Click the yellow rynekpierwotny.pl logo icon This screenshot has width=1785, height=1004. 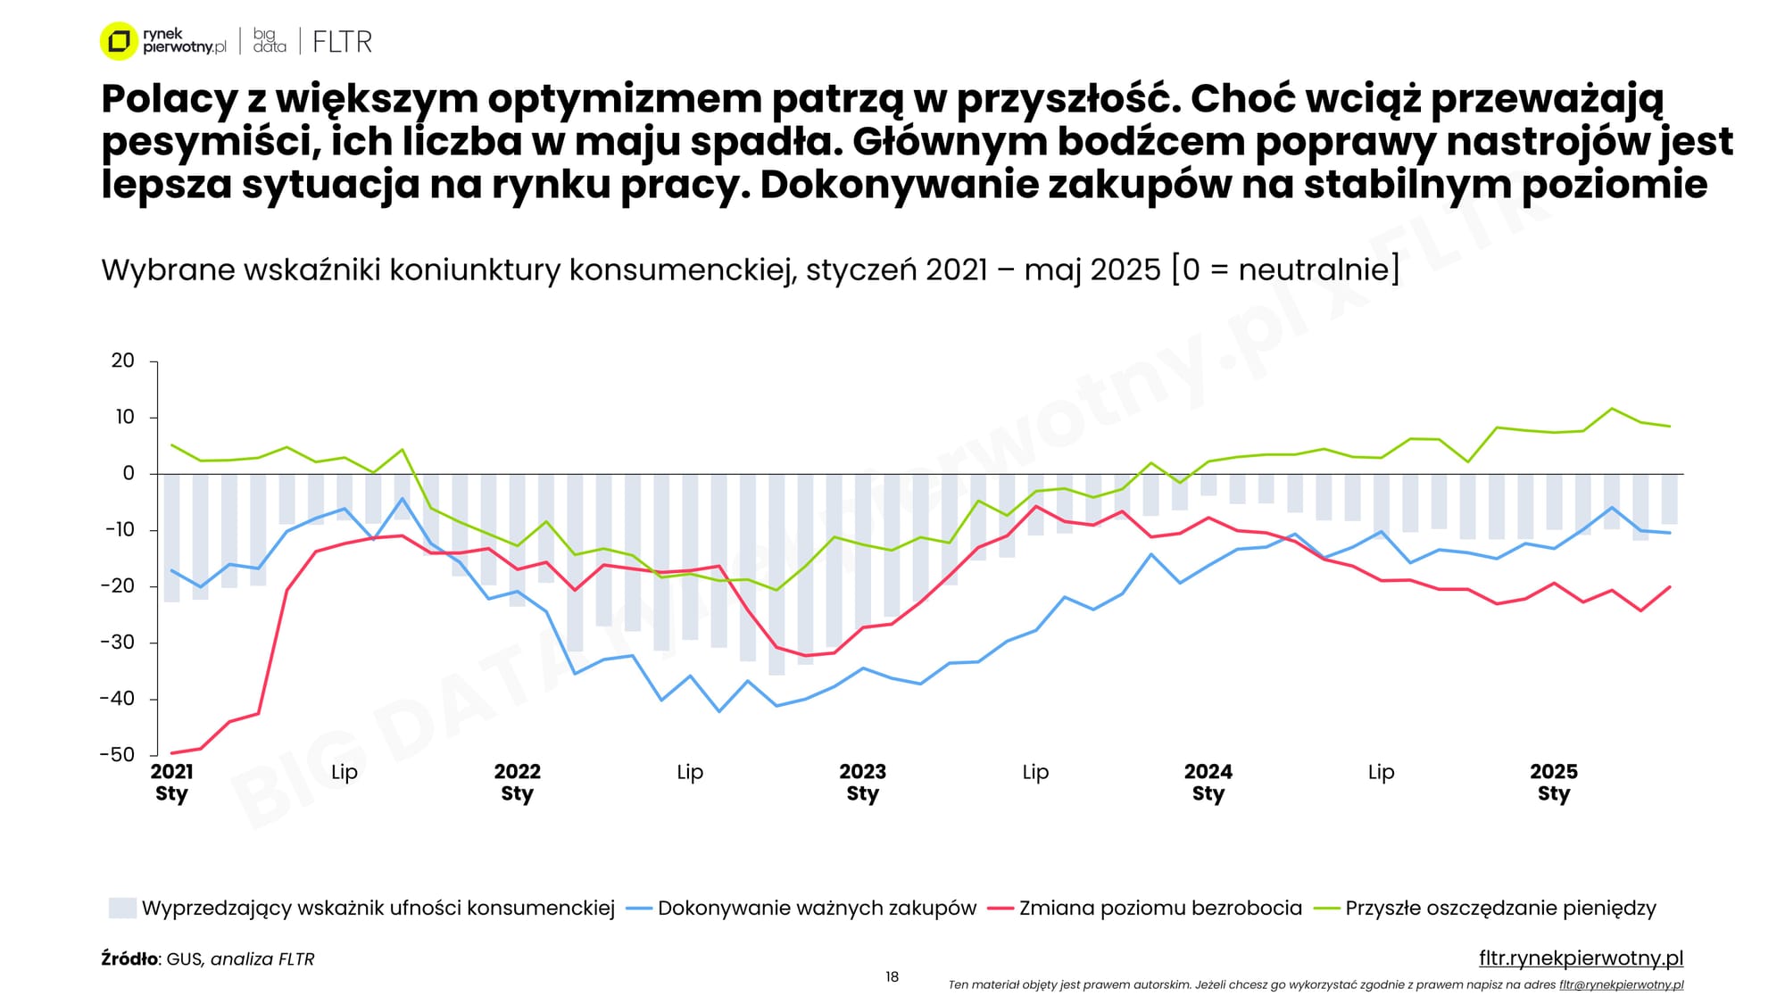coord(118,41)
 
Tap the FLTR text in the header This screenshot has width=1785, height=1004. coord(342,42)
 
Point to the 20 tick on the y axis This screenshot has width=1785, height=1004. coord(123,361)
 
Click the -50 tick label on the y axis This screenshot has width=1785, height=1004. coord(117,754)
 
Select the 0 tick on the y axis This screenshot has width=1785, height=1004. coord(129,473)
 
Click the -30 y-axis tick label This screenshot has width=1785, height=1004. coord(117,642)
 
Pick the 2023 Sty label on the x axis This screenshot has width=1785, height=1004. coord(862,783)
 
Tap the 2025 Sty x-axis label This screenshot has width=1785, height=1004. coord(1553,783)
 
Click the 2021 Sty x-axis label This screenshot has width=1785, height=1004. coord(171,783)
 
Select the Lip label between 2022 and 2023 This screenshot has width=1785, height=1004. coord(690,772)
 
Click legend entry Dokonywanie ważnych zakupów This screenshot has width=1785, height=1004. coord(817,909)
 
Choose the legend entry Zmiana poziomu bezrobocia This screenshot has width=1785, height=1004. coord(1160,909)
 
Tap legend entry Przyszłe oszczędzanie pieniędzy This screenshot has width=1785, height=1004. coord(1500,909)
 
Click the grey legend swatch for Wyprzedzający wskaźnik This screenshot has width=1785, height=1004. coord(122,909)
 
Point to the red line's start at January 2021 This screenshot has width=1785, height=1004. coord(171,753)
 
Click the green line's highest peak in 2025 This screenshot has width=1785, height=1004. coord(1612,409)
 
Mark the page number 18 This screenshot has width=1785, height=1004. coord(892,977)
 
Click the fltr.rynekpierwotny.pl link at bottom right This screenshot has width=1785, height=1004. coord(1581,958)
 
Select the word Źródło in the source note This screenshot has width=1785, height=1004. coord(129,959)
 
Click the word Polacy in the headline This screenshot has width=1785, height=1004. coord(168,99)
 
